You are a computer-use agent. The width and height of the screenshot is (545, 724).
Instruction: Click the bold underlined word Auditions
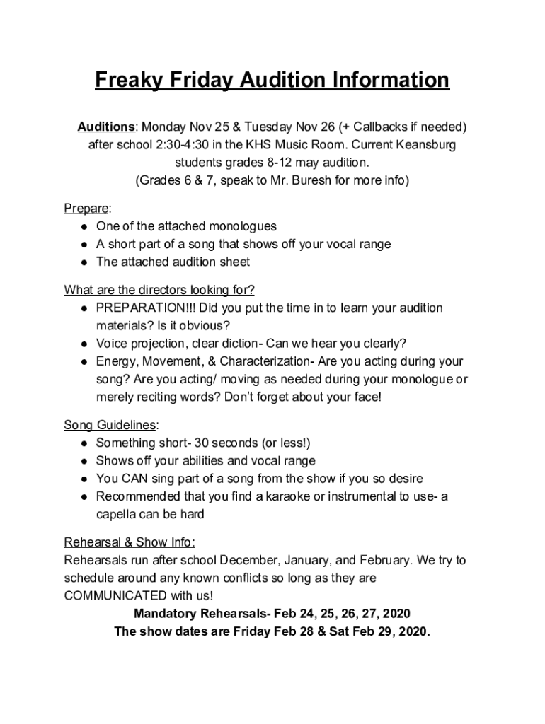pos(106,127)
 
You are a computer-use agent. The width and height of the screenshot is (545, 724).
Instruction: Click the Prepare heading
pos(86,209)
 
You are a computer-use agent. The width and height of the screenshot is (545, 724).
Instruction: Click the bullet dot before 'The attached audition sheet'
pos(84,262)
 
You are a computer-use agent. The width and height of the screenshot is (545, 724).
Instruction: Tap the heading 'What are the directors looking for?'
pos(159,290)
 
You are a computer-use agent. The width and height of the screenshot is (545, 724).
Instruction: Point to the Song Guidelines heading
pos(110,426)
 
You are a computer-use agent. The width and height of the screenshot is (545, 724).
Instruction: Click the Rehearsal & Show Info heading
pos(129,543)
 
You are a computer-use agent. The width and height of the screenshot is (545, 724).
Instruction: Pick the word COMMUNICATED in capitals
pos(116,595)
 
